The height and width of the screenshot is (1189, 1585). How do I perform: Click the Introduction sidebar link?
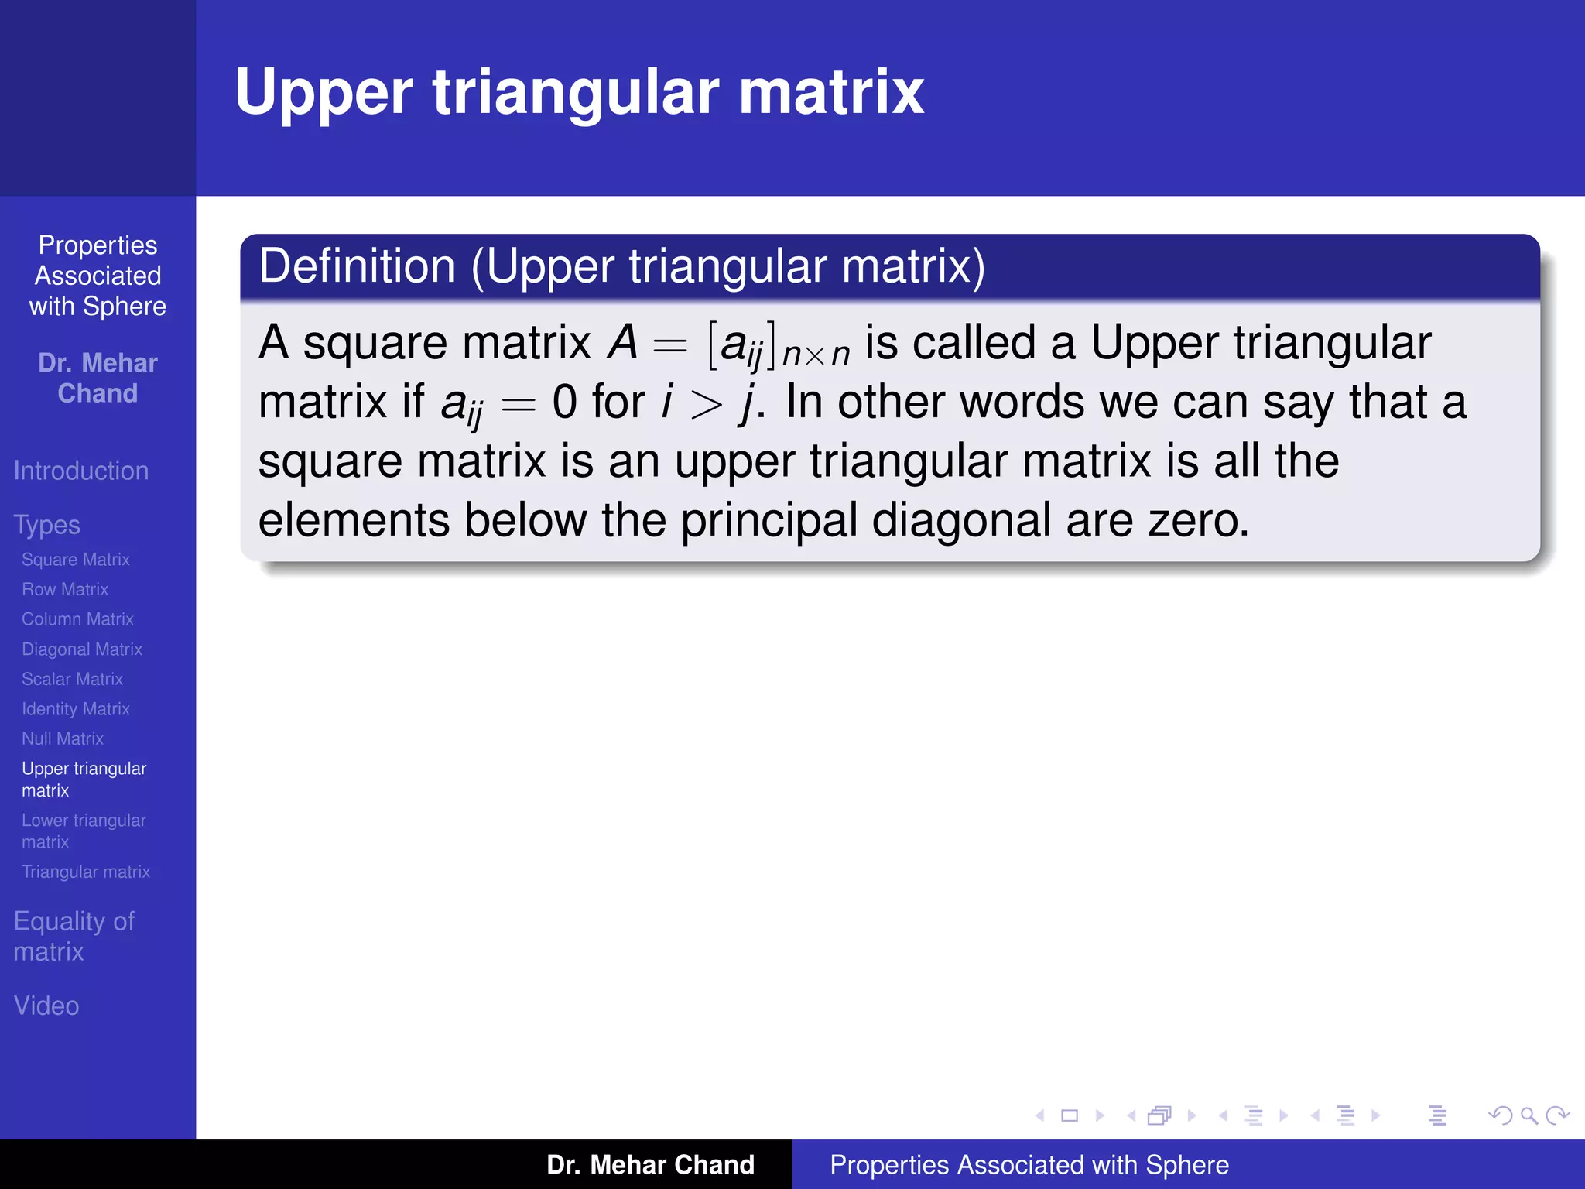point(81,471)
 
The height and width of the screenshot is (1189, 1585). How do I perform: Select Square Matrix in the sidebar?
point(76,560)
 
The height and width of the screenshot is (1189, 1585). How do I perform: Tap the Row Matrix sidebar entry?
point(65,590)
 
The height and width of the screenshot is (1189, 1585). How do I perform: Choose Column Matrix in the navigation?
point(77,619)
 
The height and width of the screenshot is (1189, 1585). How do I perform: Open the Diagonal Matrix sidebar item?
point(82,649)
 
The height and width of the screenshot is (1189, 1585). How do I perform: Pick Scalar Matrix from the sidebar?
point(72,679)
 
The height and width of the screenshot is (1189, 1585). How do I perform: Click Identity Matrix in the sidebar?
point(76,709)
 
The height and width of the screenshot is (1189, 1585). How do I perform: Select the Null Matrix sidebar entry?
point(63,738)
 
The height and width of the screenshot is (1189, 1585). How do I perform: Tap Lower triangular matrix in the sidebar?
point(84,831)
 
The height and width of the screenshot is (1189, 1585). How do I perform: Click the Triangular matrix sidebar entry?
point(86,872)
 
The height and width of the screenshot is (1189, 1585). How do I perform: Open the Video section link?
point(46,1006)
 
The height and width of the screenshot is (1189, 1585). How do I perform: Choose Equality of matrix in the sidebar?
point(74,936)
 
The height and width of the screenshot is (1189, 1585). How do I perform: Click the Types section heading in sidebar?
point(47,525)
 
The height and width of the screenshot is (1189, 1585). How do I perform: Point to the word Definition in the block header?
point(357,266)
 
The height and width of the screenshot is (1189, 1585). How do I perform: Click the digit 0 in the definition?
point(565,403)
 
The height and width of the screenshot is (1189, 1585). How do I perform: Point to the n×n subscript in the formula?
point(816,355)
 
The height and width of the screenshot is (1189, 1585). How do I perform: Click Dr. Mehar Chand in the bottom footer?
point(650,1165)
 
